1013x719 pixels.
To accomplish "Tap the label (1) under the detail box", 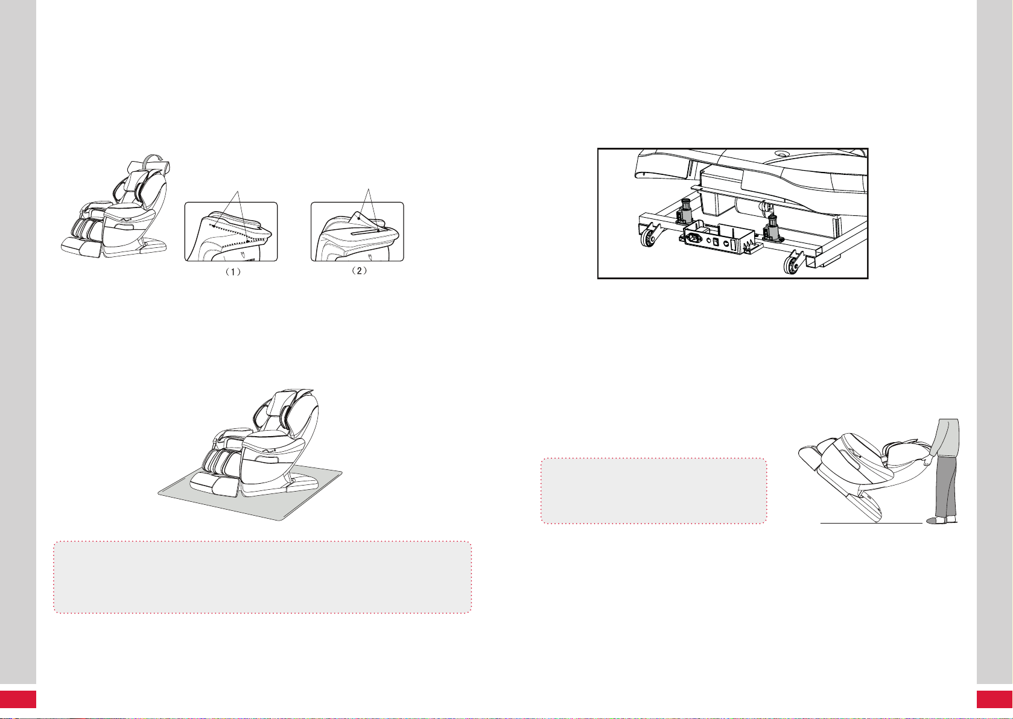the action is coord(233,272).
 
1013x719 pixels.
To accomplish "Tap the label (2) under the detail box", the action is coord(359,271).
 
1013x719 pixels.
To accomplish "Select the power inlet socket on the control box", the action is coord(694,237).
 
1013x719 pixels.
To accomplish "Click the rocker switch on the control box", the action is coord(716,243).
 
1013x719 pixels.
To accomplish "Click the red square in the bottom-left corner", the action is coord(18,699).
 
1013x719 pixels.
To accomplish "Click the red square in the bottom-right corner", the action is coord(995,699).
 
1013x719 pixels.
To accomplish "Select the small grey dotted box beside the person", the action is coord(653,490).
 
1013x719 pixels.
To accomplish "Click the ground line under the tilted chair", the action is coord(871,523).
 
